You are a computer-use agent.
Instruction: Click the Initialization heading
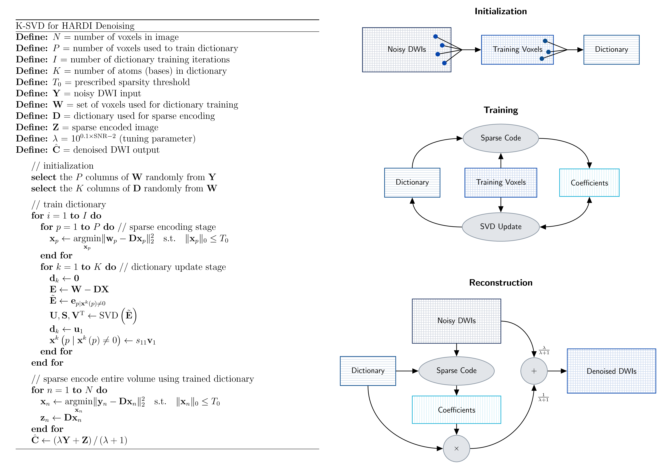coord(501,11)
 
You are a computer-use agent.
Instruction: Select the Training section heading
coord(501,110)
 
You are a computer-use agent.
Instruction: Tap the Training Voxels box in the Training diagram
coord(501,182)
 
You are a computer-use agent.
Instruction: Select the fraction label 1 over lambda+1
coord(543,397)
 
